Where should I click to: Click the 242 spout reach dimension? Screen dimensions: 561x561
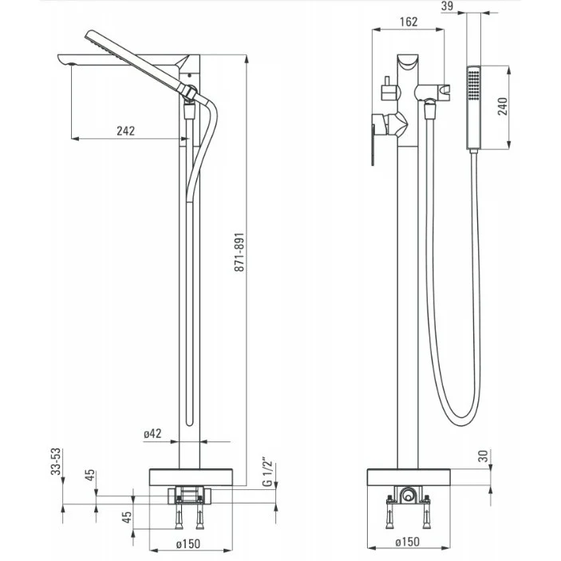(x=126, y=131)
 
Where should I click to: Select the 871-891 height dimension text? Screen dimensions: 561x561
(x=239, y=252)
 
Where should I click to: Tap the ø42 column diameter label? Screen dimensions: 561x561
(x=152, y=434)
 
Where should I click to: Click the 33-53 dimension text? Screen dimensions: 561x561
(x=56, y=461)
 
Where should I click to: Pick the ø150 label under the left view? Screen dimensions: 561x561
(x=188, y=544)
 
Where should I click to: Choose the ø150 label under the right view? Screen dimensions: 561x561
(x=407, y=542)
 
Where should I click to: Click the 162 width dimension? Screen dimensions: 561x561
(x=409, y=22)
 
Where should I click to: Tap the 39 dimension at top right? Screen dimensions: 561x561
(x=447, y=6)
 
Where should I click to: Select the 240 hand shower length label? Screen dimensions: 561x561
(x=503, y=106)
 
